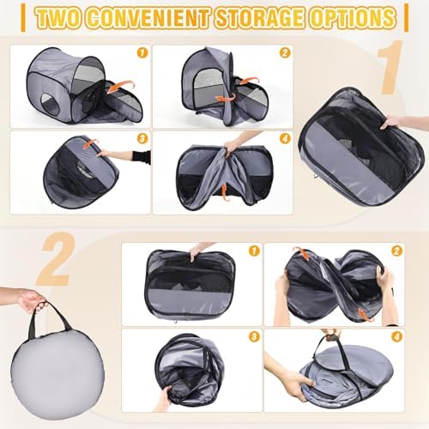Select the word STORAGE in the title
[259, 18]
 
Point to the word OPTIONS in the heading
[351, 18]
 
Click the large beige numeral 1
[390, 68]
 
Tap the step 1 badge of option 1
[142, 53]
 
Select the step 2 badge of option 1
[284, 53]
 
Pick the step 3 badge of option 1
[142, 139]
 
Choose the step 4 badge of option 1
[284, 139]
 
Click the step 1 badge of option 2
[254, 251]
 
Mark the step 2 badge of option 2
[396, 251]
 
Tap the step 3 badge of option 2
[254, 336]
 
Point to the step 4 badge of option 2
[396, 336]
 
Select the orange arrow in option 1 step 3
[88, 143]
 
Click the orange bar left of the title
[23, 18]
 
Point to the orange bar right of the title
[406, 18]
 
